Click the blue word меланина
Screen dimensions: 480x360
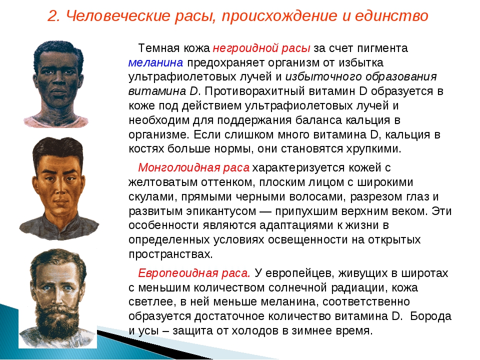155,62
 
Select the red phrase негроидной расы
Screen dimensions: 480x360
261,48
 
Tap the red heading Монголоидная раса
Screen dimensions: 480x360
194,168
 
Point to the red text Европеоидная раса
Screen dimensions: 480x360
194,273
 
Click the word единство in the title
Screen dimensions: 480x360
391,15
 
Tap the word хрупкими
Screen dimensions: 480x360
373,149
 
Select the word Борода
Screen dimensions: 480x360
430,316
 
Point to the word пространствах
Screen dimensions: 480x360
170,254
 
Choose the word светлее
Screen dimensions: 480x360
152,301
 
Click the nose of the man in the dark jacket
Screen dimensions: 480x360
60,189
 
